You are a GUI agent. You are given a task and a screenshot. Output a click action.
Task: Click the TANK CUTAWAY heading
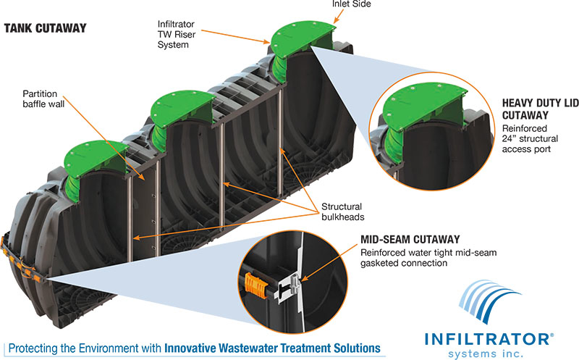click(x=45, y=29)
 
